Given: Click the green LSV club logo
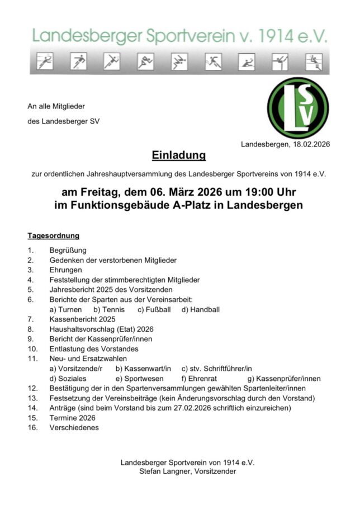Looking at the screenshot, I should [298, 107].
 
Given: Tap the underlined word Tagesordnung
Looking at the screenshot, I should [53, 235].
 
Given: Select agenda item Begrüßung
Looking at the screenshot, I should [68, 250].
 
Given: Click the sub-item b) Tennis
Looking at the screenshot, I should [109, 309].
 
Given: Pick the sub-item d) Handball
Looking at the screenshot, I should [201, 309].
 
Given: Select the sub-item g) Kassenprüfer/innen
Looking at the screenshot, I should [285, 378].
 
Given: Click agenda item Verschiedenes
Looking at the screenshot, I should [74, 427].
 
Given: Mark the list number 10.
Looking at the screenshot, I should [32, 349].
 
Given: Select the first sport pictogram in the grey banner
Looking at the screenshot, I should [44, 61].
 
